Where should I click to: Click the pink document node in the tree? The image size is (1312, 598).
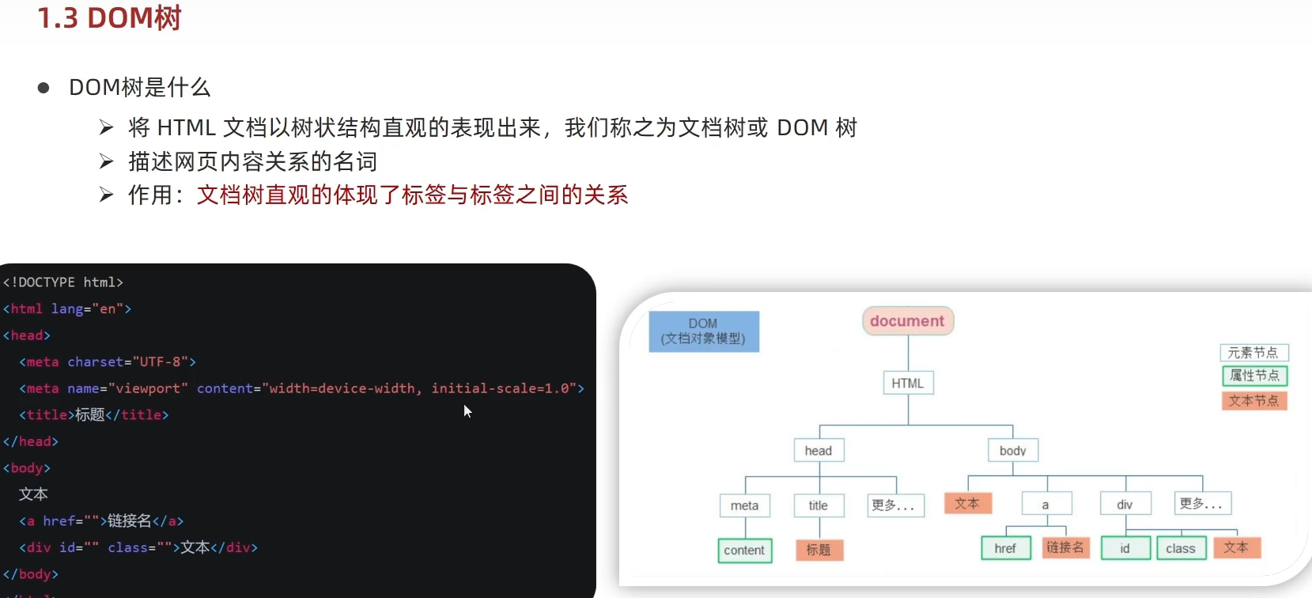coord(907,321)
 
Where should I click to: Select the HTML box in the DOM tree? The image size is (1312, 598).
coord(907,383)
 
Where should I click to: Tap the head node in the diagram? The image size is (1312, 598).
coord(819,451)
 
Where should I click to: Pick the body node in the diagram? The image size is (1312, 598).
coord(1012,451)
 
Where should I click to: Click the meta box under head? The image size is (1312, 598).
coord(744,505)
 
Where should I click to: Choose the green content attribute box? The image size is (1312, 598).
coord(744,551)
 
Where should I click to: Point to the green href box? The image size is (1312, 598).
coord(1005,548)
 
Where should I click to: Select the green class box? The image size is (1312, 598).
coord(1180,548)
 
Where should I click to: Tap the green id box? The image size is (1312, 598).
coord(1125,548)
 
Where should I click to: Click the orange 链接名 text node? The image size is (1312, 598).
coord(1065,547)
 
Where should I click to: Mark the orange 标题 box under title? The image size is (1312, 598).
coord(819,550)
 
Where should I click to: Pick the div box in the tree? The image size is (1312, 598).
coord(1125,505)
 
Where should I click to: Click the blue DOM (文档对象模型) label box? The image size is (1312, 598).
coord(703,331)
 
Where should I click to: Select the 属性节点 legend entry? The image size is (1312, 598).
coord(1254,376)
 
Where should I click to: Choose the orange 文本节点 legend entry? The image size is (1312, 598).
coord(1254,401)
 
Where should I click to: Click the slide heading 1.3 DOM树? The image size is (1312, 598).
coord(109,17)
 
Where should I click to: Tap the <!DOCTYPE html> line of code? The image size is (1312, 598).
coord(63,282)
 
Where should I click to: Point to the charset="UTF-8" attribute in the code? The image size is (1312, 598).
coord(131,361)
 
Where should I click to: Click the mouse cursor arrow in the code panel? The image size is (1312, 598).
coord(467,411)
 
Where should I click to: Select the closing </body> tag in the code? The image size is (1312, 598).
coord(31,574)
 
